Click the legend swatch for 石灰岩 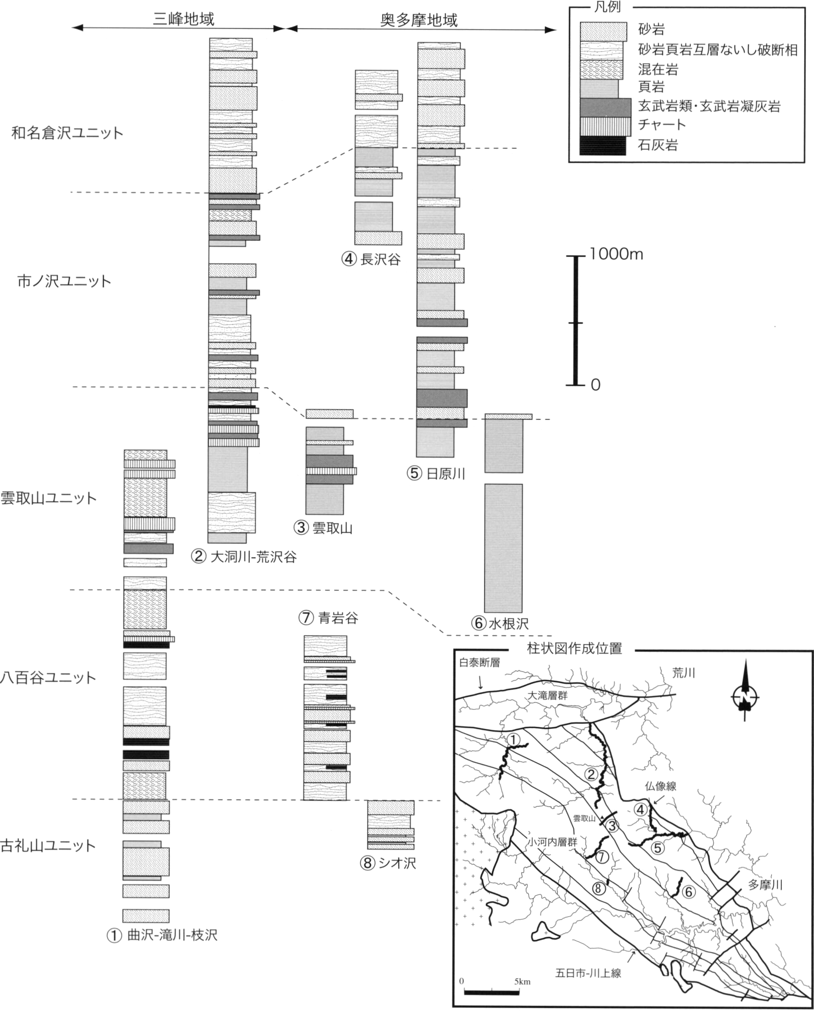click(x=603, y=146)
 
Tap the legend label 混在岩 click(x=658, y=69)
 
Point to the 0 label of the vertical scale click(x=595, y=385)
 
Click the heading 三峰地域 click(x=183, y=19)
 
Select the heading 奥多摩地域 click(x=419, y=20)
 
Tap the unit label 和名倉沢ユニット click(x=68, y=133)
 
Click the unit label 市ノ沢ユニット click(x=64, y=282)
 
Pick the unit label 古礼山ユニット click(x=48, y=846)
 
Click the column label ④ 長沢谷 click(x=371, y=259)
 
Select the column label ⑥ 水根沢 click(x=500, y=623)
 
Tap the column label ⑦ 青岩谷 click(x=328, y=618)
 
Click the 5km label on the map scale click(x=522, y=981)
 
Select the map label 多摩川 click(x=765, y=885)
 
